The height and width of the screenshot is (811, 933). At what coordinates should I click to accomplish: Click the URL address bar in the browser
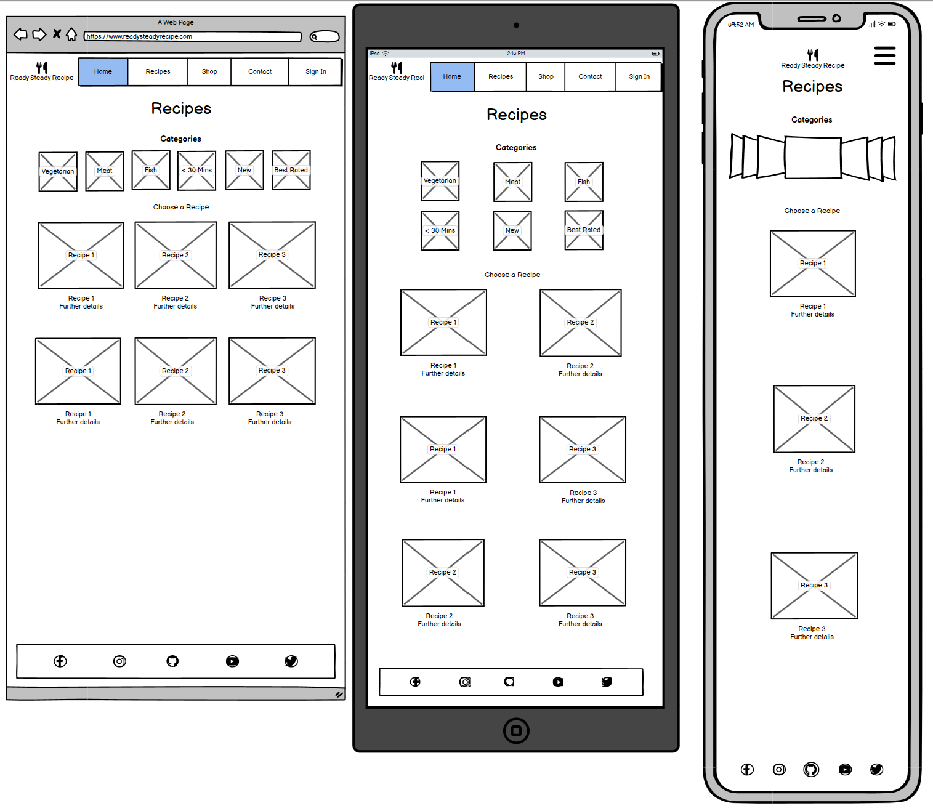click(x=192, y=36)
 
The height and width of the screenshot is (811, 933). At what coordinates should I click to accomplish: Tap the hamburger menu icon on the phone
click(x=885, y=55)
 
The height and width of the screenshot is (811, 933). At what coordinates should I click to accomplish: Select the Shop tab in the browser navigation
click(x=209, y=71)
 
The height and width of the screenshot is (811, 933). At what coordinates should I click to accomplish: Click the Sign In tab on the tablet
click(x=639, y=76)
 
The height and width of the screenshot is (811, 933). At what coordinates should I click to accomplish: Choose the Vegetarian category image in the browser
click(x=58, y=171)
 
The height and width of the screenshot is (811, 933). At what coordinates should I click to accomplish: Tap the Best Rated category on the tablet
click(x=584, y=230)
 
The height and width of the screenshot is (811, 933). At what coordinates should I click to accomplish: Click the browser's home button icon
click(x=71, y=34)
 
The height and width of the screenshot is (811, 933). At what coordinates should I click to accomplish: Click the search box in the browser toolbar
click(x=325, y=36)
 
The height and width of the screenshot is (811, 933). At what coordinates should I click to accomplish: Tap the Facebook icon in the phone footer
click(x=747, y=770)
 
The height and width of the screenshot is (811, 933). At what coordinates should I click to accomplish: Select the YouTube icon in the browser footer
click(x=232, y=661)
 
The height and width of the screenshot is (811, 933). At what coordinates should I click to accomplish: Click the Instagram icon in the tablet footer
click(x=465, y=682)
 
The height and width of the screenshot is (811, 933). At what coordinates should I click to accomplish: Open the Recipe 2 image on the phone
click(x=814, y=419)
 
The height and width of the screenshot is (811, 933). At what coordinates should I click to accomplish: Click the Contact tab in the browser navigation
click(x=260, y=71)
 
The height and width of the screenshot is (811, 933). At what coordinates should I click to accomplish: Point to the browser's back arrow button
click(x=20, y=34)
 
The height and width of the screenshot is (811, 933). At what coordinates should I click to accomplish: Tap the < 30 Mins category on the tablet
click(x=440, y=230)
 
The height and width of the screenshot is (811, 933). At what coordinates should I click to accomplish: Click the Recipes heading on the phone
click(x=812, y=86)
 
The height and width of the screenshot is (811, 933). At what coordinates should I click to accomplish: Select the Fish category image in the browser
click(x=151, y=170)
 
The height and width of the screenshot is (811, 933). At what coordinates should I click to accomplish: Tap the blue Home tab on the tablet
click(x=452, y=76)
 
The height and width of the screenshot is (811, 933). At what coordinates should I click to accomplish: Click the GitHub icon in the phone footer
click(x=811, y=770)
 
